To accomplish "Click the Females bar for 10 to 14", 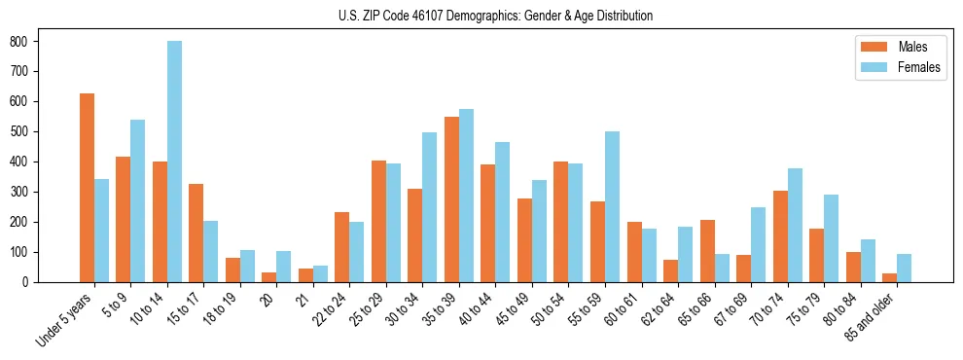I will pyautogui.click(x=174, y=162).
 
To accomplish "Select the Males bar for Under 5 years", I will pyautogui.click(x=87, y=188).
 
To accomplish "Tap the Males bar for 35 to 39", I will pyautogui.click(x=451, y=199).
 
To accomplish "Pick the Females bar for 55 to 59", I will pyautogui.click(x=612, y=206).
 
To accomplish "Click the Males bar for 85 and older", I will pyautogui.click(x=889, y=277).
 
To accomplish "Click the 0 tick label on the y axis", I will pyautogui.click(x=27, y=282).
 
